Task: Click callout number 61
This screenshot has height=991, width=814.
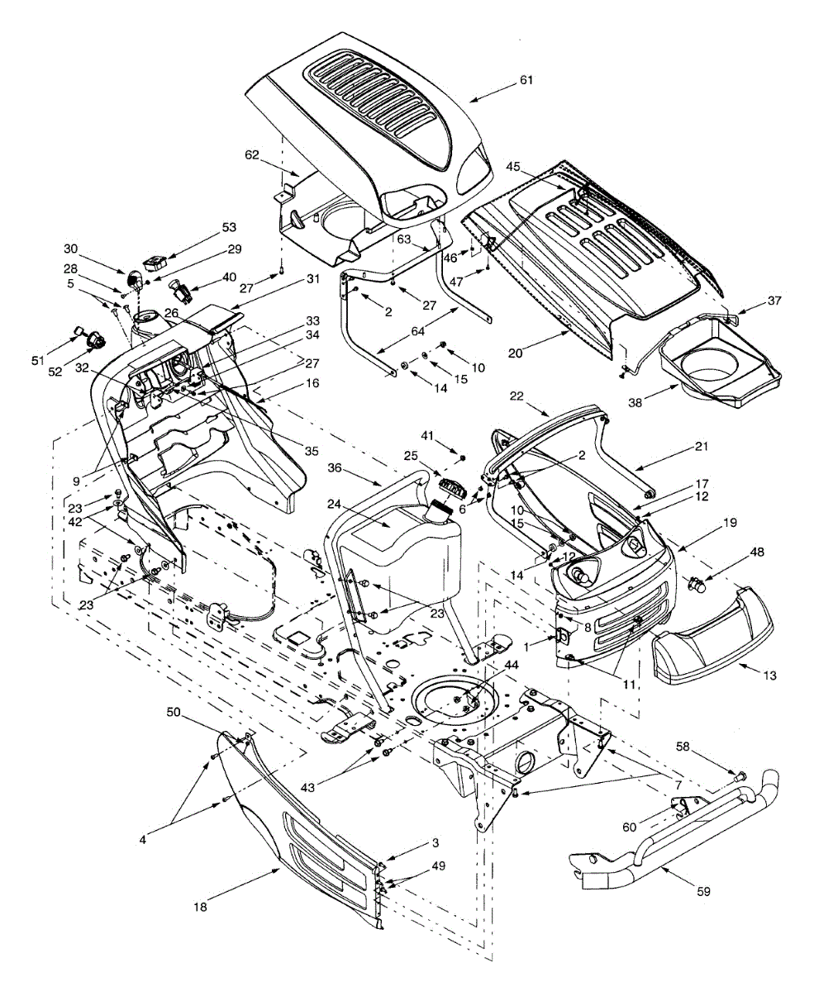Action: (526, 80)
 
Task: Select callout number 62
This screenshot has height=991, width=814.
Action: (252, 154)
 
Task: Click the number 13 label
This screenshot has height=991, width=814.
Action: (769, 675)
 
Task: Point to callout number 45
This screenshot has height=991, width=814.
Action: (513, 165)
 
